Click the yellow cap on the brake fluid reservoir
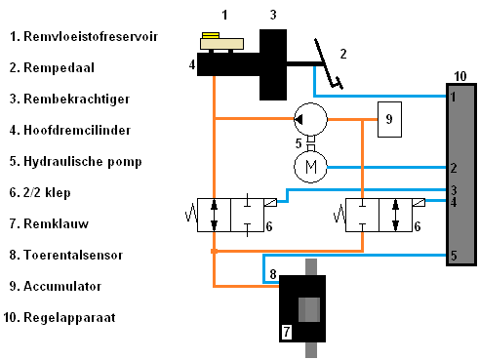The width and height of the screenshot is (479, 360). (211, 35)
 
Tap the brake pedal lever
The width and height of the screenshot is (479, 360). (327, 64)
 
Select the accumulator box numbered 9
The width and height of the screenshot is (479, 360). (389, 119)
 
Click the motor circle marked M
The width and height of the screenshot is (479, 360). (310, 167)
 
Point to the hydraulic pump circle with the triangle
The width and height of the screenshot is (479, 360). (310, 119)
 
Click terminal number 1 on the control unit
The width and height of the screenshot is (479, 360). (453, 97)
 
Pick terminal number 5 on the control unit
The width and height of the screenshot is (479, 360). (454, 256)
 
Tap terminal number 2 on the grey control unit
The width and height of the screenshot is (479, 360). (454, 168)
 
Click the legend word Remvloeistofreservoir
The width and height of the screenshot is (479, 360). (91, 36)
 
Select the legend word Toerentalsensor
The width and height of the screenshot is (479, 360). (73, 255)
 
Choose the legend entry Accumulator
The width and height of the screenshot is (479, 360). (62, 286)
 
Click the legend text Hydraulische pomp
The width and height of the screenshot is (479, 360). (83, 162)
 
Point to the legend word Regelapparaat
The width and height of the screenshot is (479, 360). (69, 318)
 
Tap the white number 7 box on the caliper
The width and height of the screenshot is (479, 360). (287, 332)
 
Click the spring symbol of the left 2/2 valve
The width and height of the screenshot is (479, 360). (191, 214)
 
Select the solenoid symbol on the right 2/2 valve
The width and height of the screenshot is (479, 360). (419, 202)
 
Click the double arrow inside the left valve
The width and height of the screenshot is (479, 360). (214, 215)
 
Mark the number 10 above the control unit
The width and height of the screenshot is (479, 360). (460, 76)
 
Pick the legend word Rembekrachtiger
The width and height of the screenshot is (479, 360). (77, 100)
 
